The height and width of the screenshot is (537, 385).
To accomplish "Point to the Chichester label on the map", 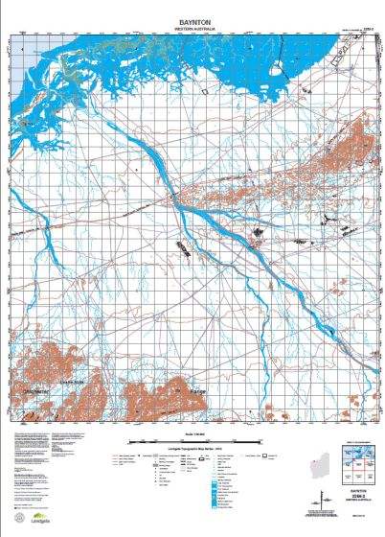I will (x=34, y=391).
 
